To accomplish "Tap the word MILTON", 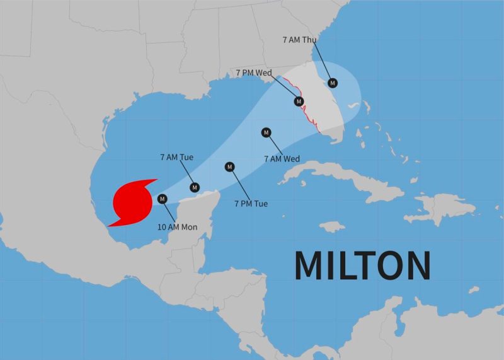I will pos(362,265).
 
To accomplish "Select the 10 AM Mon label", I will pos(181,226).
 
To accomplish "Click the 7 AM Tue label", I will pos(177,157).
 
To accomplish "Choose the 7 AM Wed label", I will pos(282,158).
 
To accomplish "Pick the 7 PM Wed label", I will pos(254,73).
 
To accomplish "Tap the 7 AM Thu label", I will pos(299,39).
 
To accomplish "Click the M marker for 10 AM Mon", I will pos(163,199).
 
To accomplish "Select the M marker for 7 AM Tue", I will pos(195,187).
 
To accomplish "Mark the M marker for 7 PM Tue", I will pos(229,166).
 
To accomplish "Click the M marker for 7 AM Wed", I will pos(266,132).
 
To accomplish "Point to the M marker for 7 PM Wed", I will pos(299,101).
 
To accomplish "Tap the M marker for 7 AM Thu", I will pos(332,82).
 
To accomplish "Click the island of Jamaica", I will pos(332,226).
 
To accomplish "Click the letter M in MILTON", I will pos(311,265).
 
